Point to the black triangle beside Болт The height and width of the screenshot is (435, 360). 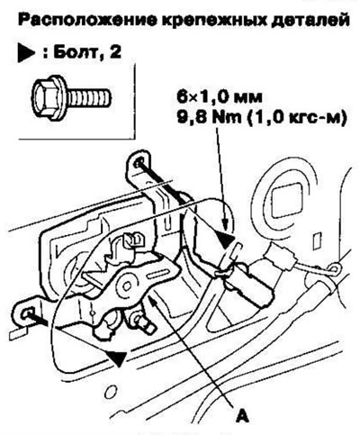[26, 54]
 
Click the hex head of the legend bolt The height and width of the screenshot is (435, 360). [46, 96]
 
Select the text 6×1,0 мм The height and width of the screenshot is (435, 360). [219, 97]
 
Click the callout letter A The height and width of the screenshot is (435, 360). [242, 415]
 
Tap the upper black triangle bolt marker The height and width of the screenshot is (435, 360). [225, 240]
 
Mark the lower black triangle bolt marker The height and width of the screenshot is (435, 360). [116, 357]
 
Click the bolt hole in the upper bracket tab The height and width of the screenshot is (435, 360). [139, 164]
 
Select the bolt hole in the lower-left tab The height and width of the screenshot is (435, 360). [27, 313]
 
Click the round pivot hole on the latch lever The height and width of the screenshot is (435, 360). [128, 284]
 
